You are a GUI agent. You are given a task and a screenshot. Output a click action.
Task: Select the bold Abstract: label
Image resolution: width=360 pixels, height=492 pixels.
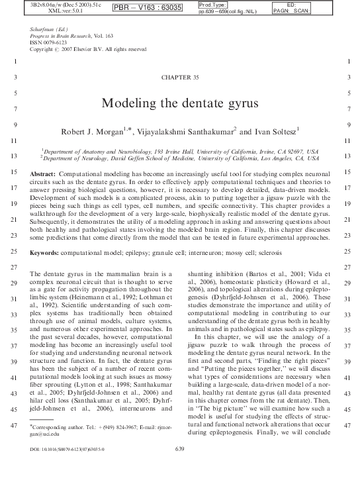43,173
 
